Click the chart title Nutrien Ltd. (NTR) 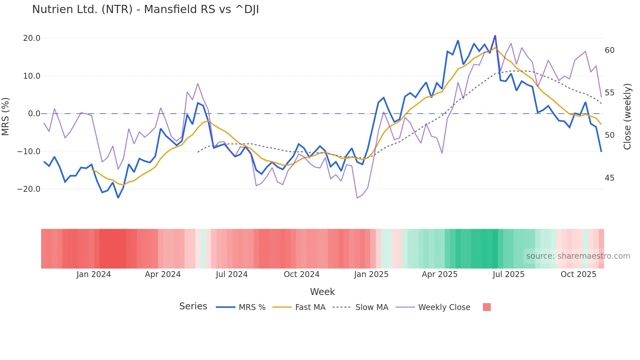pos(145,9)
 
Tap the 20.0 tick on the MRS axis pos(32,38)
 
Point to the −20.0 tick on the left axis pos(29,189)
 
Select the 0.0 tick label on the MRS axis pos(34,114)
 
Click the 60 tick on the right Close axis pos(609,50)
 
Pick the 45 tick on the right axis pos(609,178)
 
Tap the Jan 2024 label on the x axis pos(94,274)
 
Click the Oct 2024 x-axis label pos(301,274)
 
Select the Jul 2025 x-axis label pos(508,274)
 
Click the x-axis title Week pos(322,292)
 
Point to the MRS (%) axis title pos(6,116)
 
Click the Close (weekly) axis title pos(627,117)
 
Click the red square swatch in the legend pos(487,307)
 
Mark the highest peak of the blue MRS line pos(495,35)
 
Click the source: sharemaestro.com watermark pos(578,256)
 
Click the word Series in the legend pos(193,306)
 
